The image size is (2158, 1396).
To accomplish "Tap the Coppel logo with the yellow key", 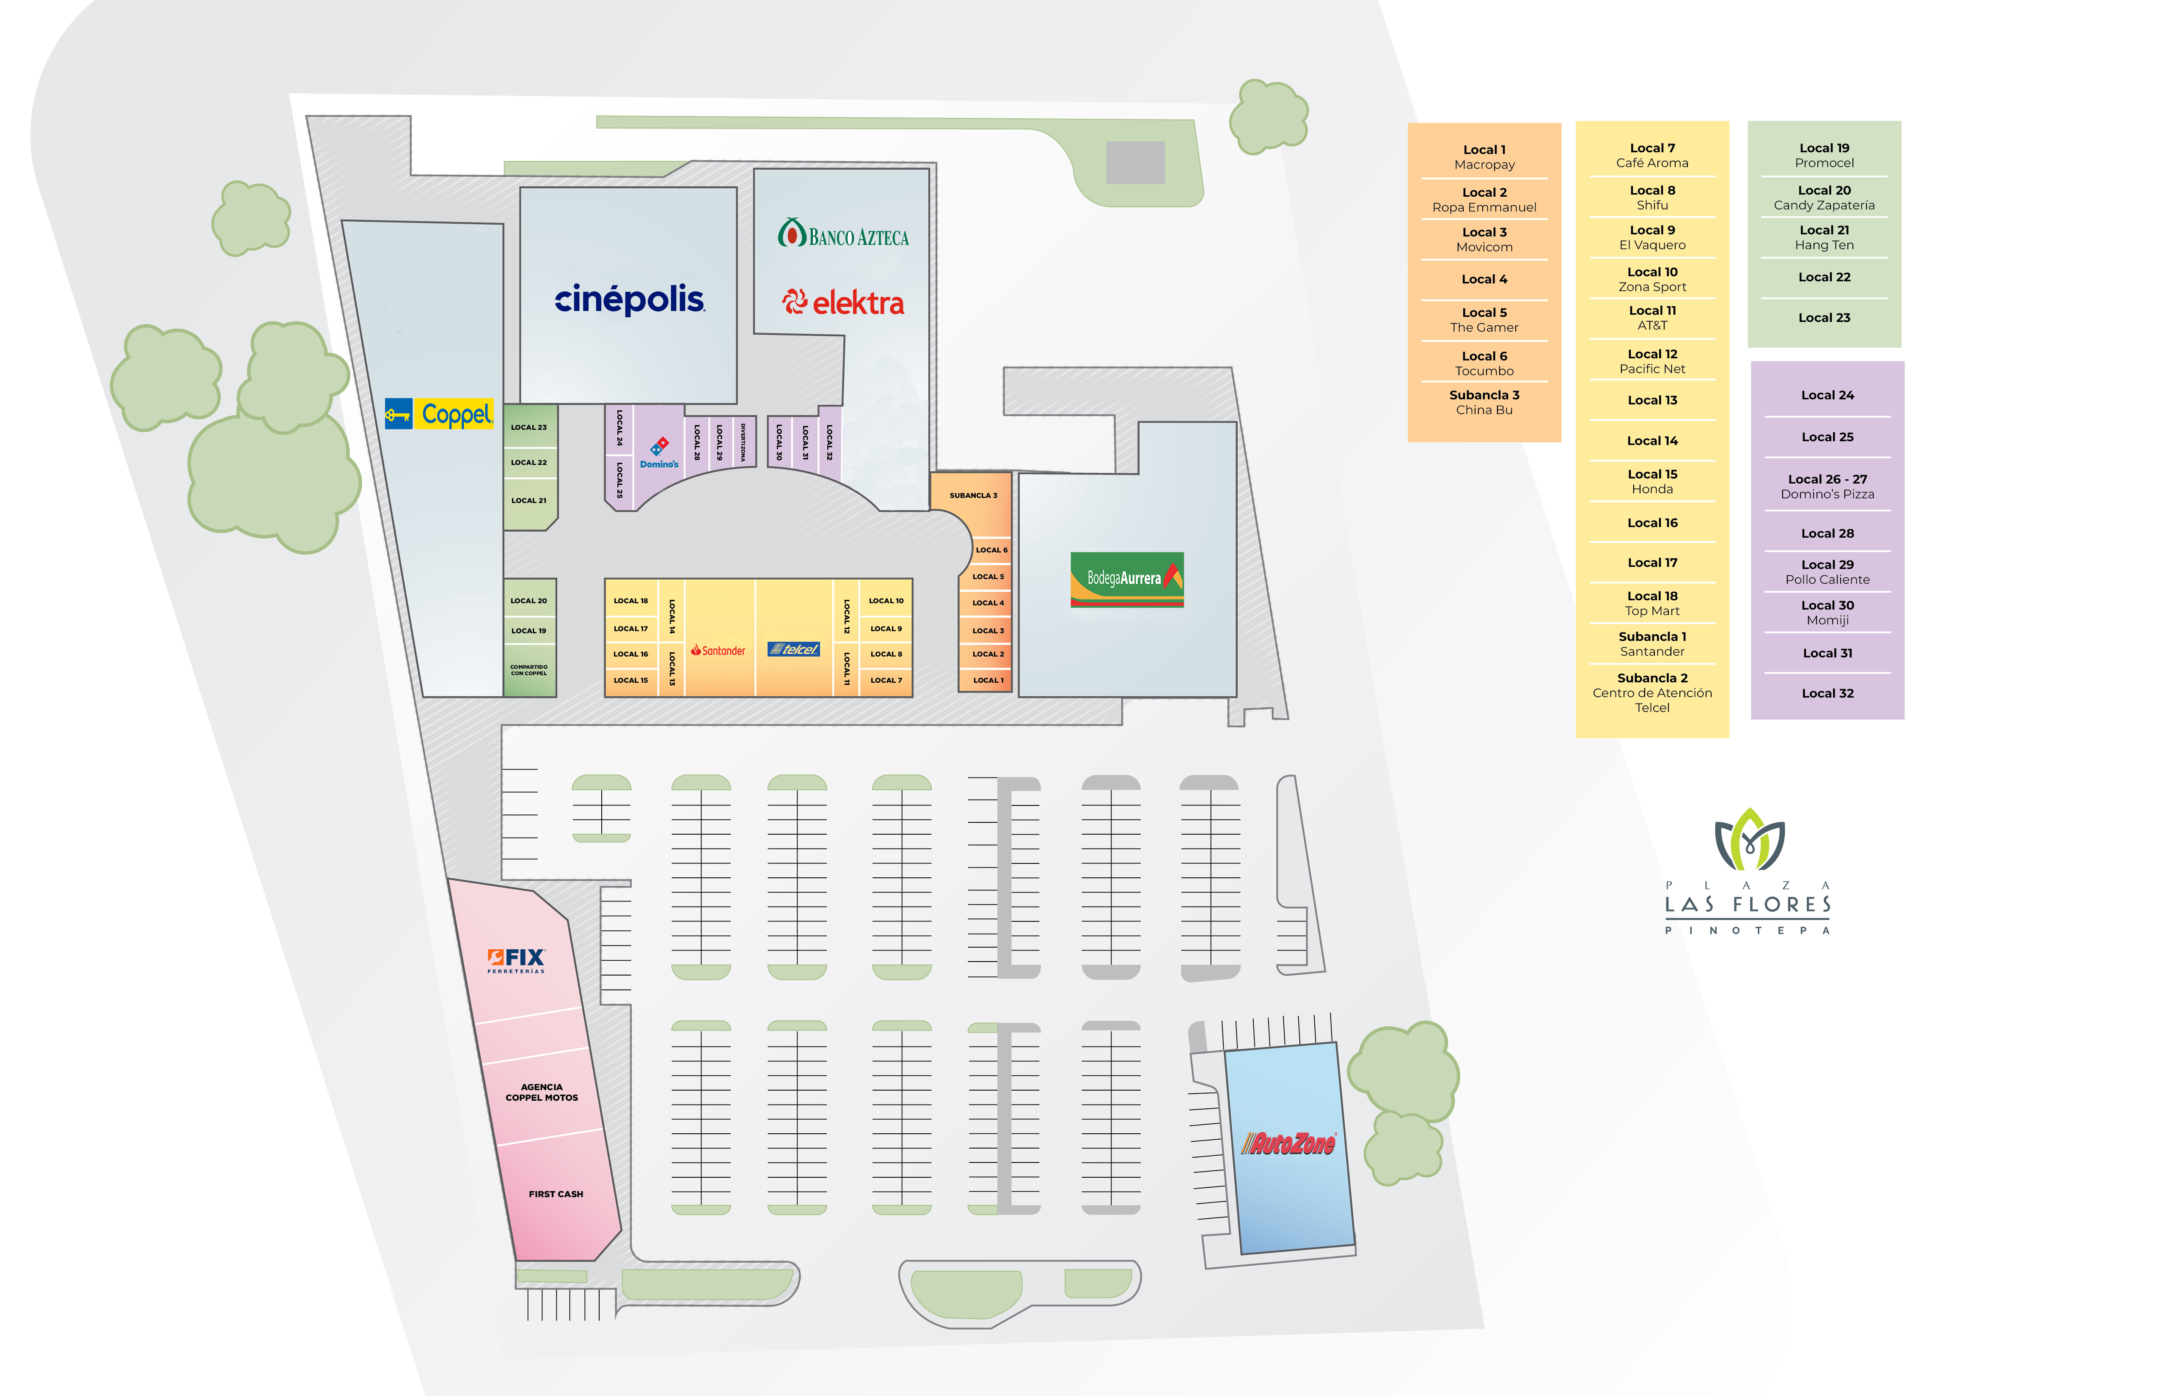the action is (x=439, y=414).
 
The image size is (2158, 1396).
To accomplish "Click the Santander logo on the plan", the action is (x=718, y=650).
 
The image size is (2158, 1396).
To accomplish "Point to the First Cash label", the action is (x=556, y=1194).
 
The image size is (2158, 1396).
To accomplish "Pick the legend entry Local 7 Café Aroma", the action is (x=1652, y=155).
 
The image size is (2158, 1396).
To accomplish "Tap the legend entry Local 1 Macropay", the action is (x=1484, y=157).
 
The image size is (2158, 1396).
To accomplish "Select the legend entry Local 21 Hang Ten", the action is (x=1824, y=237).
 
